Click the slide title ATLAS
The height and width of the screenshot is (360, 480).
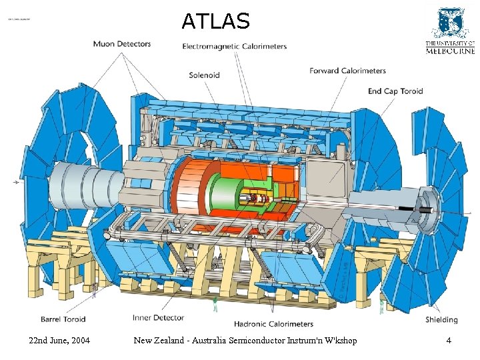[215, 21]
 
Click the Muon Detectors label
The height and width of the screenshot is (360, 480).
[122, 44]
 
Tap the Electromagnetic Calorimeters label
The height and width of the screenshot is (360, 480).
[235, 47]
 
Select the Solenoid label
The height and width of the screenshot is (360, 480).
[204, 75]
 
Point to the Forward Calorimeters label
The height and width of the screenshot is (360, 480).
[347, 71]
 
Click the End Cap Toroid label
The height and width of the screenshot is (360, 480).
[395, 91]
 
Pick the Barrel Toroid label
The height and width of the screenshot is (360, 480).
[63, 319]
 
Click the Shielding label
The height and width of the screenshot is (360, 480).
[441, 320]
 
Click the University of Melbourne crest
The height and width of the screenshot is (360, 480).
[450, 23]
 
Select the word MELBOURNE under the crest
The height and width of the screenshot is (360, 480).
[450, 51]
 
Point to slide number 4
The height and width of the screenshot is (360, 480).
[449, 341]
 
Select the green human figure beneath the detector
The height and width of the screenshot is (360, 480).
[215, 305]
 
